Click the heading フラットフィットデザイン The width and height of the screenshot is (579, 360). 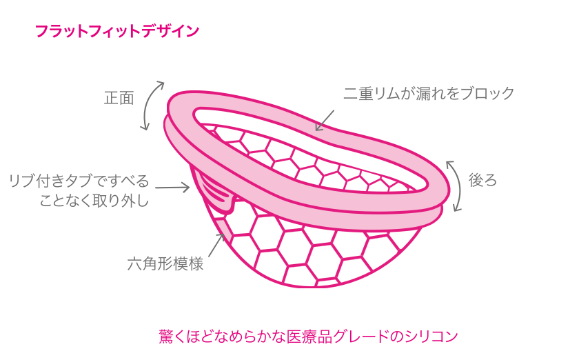116,31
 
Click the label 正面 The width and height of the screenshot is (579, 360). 119,98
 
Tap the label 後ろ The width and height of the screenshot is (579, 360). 482,181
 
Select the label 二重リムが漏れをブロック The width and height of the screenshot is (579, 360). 429,94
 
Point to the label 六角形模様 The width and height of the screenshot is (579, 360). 165,263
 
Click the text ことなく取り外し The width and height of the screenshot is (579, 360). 94,201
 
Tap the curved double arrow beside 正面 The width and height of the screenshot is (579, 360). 152,105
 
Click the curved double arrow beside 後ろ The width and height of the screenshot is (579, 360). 454,185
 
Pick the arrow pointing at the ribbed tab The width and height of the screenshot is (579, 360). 172,187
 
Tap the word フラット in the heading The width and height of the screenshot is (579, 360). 59,31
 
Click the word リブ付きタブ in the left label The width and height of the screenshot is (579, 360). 50,181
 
